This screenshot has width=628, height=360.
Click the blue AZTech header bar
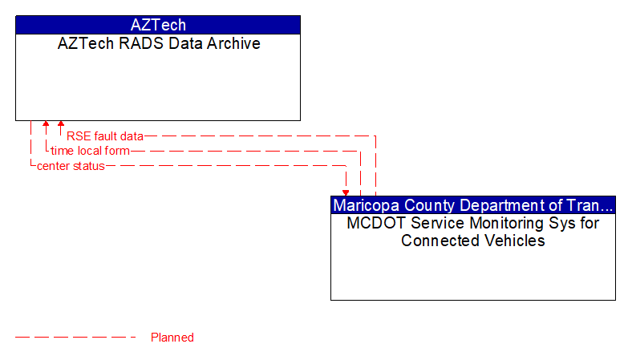point(158,25)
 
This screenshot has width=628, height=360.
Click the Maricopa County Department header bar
point(472,204)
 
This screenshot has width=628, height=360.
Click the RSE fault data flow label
point(104,136)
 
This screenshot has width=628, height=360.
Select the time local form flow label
point(90,151)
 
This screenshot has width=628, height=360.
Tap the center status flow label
point(71,166)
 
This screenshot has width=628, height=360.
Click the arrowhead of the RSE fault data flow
point(61,125)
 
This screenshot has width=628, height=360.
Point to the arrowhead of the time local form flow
point(46,125)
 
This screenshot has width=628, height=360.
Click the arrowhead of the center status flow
point(346,192)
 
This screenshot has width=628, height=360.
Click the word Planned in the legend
point(172,338)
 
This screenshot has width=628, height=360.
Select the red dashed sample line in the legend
point(76,338)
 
